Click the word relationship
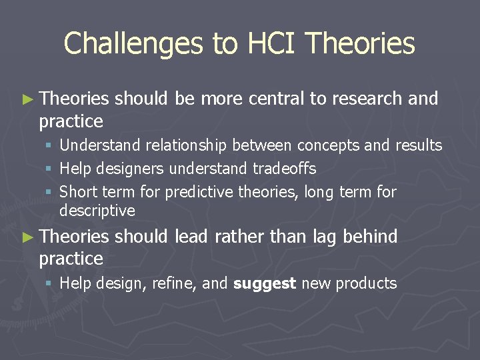186,145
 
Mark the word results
419,145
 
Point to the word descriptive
97,211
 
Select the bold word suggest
265,283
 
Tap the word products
366,283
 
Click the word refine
175,283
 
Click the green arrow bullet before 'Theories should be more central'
27,99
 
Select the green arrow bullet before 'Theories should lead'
27,237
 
